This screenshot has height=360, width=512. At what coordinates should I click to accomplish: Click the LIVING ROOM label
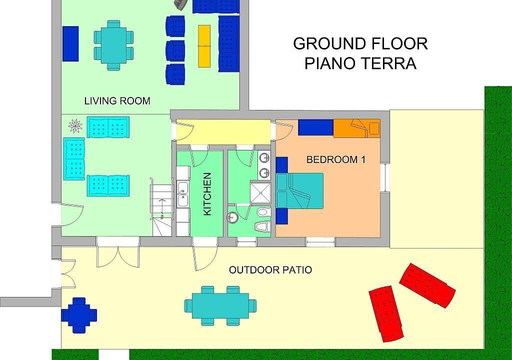coord(117,100)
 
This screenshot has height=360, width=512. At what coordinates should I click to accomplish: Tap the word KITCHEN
coord(207,194)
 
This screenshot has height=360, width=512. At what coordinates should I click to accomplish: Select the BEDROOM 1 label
coord(336,159)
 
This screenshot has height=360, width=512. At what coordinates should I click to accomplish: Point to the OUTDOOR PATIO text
coord(270,270)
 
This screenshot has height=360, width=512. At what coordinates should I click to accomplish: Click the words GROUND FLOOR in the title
coord(360,44)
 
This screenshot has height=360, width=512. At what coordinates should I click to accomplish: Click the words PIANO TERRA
coord(360,63)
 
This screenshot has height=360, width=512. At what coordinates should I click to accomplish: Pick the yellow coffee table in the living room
coord(204,46)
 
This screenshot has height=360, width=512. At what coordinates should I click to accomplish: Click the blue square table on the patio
coord(79,315)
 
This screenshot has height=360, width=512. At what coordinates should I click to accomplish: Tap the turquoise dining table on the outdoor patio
coord(220,306)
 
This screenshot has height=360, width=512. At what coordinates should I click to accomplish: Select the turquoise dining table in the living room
coord(113,45)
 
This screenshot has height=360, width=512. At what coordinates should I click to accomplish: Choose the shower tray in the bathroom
coord(260,192)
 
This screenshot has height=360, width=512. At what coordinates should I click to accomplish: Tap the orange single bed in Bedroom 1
coord(356,128)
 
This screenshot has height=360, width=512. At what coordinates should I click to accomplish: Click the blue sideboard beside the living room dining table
coord(70,43)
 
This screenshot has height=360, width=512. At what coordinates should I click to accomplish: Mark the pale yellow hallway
coord(223,132)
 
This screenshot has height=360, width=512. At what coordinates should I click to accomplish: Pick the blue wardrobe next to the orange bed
coord(316,127)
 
